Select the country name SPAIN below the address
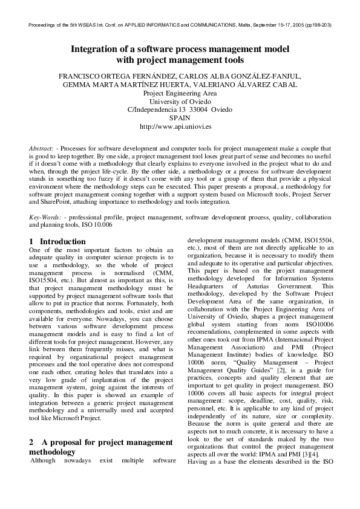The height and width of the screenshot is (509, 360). [180, 118]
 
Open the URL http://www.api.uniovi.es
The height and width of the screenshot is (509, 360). [180, 127]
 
